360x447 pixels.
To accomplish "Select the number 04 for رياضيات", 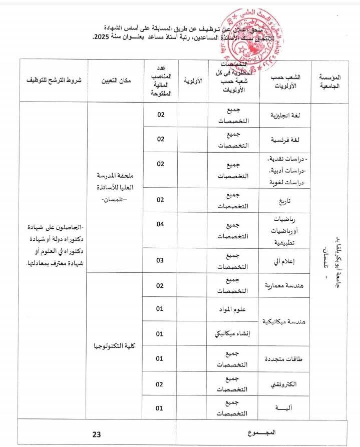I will tap(160, 224).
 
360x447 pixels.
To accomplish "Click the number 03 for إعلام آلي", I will tap(160, 260).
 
